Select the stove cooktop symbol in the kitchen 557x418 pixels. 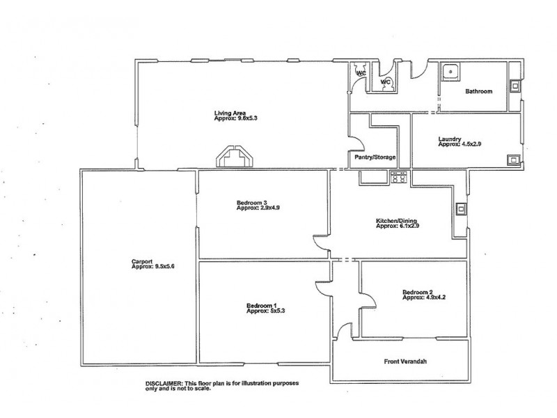[x=400, y=178]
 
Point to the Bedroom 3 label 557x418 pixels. [x=252, y=203]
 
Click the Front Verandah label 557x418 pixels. [x=402, y=362]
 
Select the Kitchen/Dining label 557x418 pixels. [x=397, y=221]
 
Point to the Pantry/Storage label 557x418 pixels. [x=375, y=157]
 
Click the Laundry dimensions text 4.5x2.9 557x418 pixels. [x=451, y=144]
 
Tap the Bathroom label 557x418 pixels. [x=478, y=91]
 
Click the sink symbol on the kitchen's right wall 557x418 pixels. [x=460, y=208]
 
